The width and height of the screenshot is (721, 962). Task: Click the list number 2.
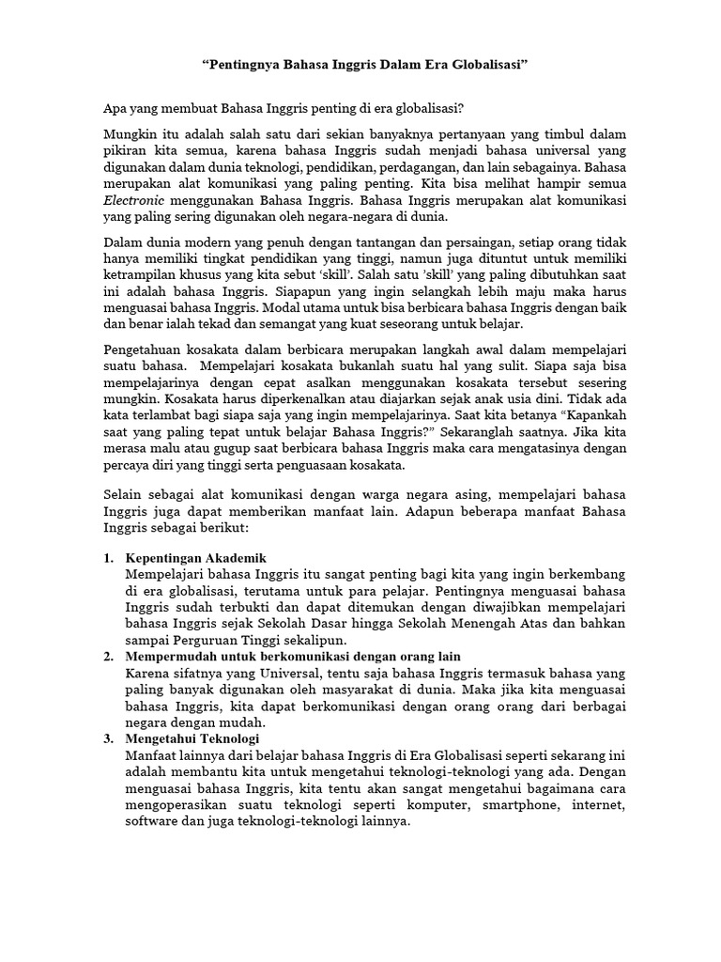[x=108, y=656]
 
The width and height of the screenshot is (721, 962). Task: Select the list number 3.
[x=108, y=739]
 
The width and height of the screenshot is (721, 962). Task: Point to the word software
[x=152, y=821]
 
